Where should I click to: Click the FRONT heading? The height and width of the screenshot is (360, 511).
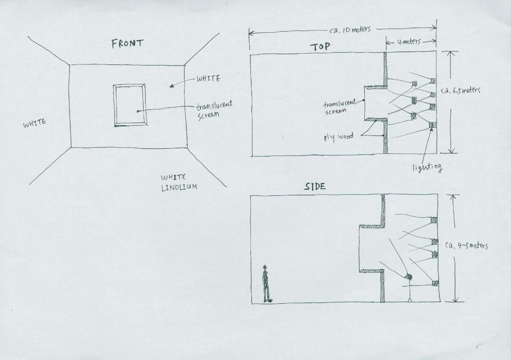coord(127,43)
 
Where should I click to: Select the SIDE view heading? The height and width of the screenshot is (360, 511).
coord(315,187)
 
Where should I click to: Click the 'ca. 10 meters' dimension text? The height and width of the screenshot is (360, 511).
coord(350,30)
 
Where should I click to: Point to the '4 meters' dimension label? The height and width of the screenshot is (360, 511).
coord(409,42)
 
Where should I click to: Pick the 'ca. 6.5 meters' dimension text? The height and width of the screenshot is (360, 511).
coord(460,90)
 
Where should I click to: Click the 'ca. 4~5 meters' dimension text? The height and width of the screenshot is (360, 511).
coord(467,245)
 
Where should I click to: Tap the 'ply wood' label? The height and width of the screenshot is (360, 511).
coord(338,137)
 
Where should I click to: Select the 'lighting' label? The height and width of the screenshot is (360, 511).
coord(427,168)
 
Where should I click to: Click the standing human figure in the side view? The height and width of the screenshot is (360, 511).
coord(267,283)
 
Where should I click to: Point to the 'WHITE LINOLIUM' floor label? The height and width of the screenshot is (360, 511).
coord(179,182)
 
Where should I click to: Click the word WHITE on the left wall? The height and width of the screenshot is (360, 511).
coord(35,123)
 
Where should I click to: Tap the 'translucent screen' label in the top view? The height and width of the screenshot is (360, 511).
coord(339,107)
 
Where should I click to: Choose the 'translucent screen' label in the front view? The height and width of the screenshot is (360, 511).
coord(214,109)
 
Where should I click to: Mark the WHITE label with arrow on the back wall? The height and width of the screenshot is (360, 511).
coord(208,79)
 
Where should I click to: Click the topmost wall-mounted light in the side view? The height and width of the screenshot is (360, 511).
coord(434,220)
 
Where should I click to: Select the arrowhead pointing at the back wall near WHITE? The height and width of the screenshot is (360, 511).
coord(172,86)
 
